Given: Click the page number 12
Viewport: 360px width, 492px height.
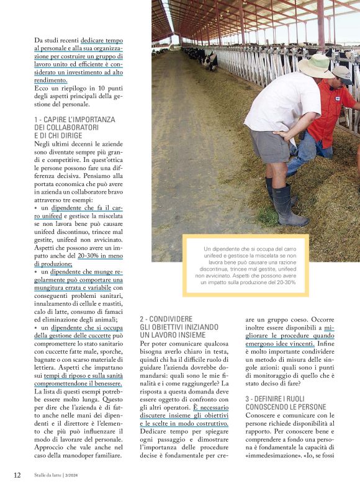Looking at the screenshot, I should point(17,475).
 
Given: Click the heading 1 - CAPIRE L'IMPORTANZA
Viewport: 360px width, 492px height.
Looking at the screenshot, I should point(74,119).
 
